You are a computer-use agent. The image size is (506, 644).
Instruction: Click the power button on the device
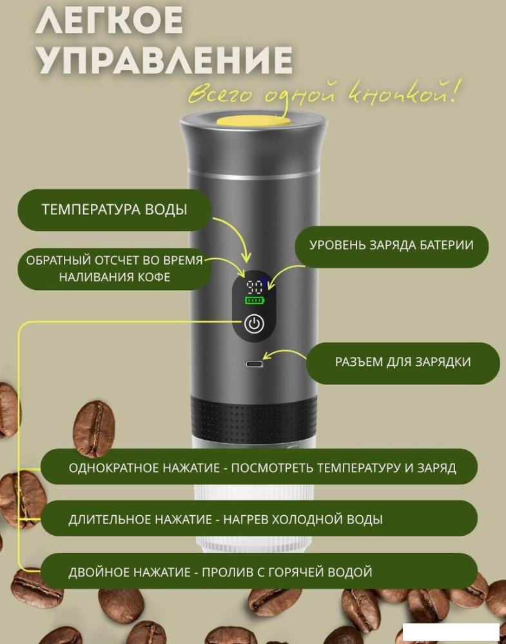(x=254, y=324)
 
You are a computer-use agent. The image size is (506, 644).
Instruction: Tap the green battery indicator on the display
(x=255, y=300)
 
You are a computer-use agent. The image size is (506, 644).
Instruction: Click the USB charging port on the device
(x=255, y=364)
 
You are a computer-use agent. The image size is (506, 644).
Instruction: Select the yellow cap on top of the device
(x=253, y=120)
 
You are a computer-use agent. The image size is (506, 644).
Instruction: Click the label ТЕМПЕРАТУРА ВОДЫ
(x=114, y=210)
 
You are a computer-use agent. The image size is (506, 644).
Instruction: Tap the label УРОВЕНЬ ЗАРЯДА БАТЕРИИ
(x=391, y=245)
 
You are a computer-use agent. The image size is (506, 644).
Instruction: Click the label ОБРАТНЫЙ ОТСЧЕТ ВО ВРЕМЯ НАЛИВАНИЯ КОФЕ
(x=114, y=269)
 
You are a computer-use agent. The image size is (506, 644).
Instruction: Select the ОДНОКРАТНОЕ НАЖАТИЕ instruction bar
(x=259, y=467)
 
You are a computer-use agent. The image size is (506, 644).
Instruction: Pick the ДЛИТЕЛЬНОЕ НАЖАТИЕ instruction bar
(x=259, y=518)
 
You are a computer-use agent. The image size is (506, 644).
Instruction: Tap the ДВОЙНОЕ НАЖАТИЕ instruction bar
(x=259, y=571)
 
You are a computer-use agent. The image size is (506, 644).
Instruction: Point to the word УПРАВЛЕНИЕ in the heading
(x=164, y=61)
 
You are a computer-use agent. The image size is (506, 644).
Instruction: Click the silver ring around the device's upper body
(x=253, y=175)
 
